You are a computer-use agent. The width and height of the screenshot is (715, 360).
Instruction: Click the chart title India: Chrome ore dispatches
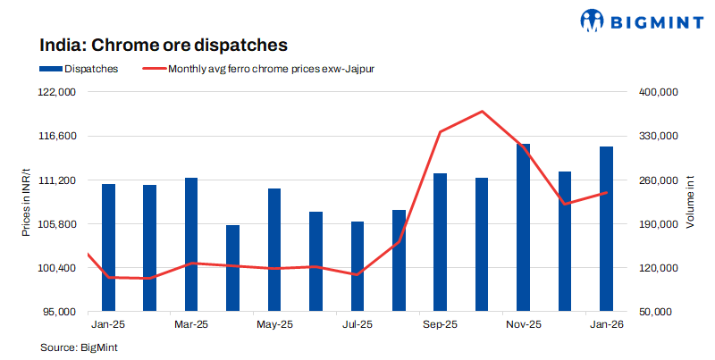[x=163, y=44]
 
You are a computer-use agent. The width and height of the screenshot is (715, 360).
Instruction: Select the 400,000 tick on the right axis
[x=660, y=92]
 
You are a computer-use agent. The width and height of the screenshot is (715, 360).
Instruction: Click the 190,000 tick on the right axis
[x=660, y=224]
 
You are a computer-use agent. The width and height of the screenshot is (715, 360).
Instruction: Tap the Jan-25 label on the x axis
[x=108, y=325]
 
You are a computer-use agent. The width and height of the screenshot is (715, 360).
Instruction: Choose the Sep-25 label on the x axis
[x=440, y=325]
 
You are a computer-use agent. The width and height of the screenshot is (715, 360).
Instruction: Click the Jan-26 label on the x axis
[x=605, y=325]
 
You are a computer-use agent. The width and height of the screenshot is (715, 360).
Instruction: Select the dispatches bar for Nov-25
[x=523, y=228]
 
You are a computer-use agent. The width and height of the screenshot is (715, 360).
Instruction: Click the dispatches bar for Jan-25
[x=108, y=247]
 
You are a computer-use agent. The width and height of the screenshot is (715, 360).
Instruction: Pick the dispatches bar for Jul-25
[x=357, y=266]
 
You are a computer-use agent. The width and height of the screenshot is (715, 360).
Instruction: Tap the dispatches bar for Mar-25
[x=191, y=245]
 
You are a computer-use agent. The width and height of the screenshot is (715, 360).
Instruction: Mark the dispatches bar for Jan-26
[x=606, y=229]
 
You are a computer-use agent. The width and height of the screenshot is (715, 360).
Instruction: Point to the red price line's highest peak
[x=482, y=112]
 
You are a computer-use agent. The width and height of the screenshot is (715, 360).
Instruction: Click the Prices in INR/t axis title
[x=26, y=202]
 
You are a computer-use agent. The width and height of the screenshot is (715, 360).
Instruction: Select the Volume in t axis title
[x=691, y=202]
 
